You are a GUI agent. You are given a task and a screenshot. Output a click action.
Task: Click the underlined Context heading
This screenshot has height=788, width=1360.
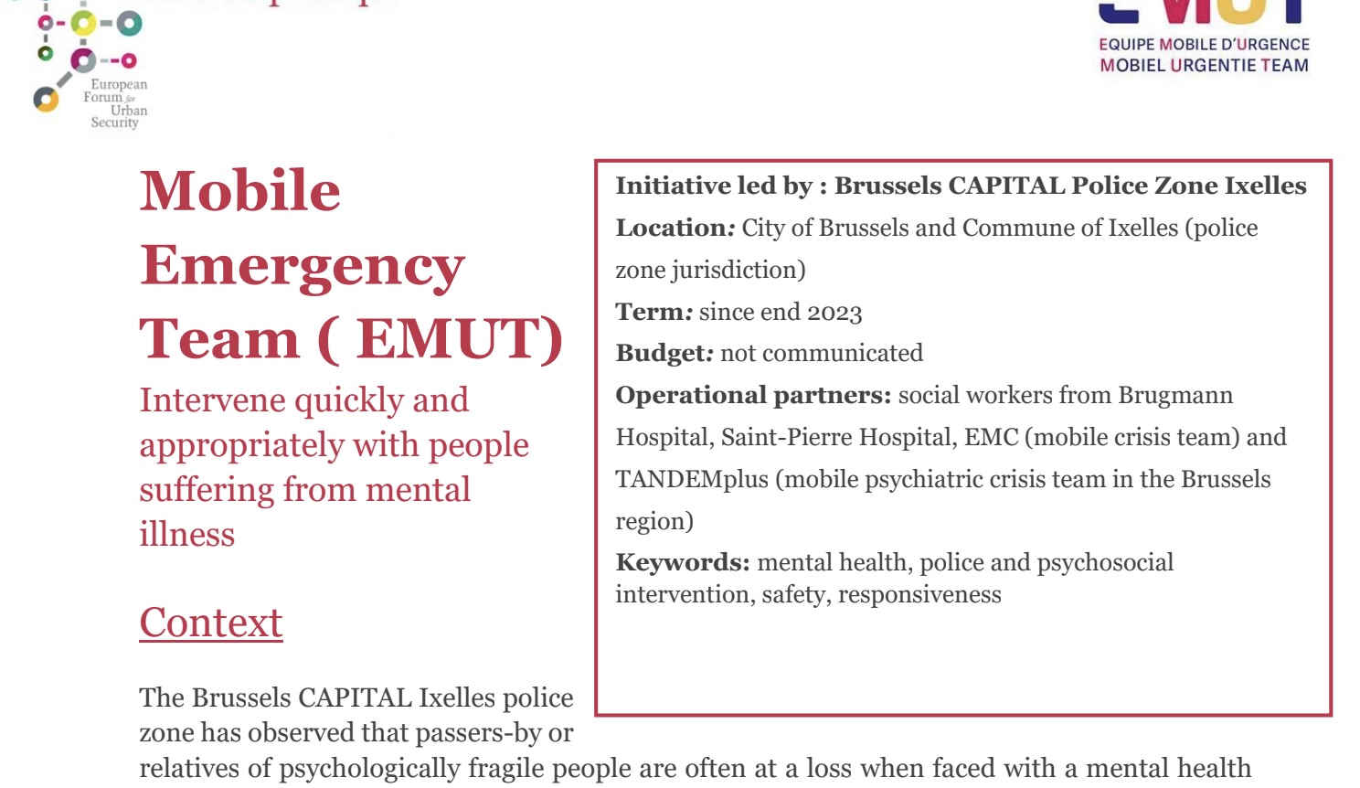point(211,623)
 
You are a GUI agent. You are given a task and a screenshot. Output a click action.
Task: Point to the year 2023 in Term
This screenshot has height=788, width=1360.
point(834,313)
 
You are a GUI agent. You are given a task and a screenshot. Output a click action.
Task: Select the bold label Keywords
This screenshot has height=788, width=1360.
point(682,562)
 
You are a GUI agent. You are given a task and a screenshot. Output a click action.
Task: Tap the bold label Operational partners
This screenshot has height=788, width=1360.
point(752,395)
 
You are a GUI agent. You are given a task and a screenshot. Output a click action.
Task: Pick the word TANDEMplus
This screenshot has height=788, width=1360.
point(692,479)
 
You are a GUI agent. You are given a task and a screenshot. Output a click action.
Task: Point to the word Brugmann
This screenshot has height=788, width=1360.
point(1175,395)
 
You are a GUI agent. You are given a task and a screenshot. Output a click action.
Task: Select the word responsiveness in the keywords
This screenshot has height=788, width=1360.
point(919,595)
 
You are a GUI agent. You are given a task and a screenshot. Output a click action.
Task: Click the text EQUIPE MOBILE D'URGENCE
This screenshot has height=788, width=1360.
point(1204,44)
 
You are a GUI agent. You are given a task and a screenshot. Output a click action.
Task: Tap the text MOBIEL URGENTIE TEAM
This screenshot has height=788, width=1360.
point(1204,65)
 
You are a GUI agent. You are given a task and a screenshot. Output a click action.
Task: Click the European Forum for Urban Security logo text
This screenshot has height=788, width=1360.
point(117,102)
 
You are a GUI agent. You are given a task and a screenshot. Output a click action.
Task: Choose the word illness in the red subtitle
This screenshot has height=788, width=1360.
point(187,534)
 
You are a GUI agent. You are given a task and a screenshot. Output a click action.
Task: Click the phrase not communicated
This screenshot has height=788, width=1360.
point(822,354)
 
